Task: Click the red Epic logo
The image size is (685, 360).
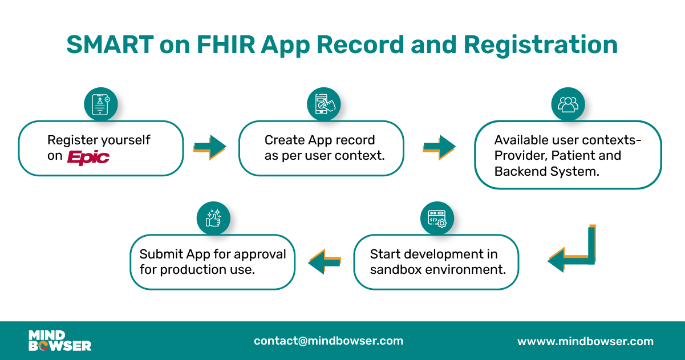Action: (88, 157)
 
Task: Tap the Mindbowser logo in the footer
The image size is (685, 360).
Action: (60, 341)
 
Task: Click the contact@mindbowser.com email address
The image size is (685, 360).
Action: (329, 341)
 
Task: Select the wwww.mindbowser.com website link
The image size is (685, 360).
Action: (585, 342)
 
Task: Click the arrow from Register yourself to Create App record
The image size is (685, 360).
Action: (209, 147)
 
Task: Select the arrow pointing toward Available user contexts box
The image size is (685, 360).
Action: (439, 147)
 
